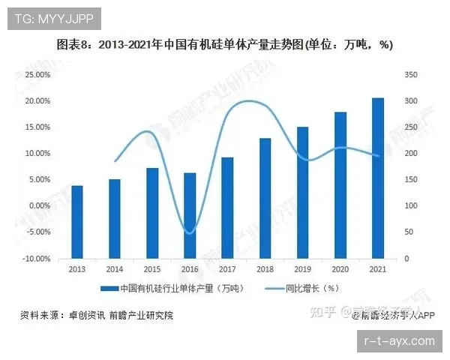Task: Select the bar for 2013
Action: pos(77,222)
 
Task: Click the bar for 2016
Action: pos(190,216)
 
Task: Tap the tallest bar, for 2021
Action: pos(377,178)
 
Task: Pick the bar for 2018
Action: pos(265,199)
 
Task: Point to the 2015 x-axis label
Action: pos(152,268)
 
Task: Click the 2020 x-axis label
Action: pos(340,268)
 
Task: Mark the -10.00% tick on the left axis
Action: pos(36,259)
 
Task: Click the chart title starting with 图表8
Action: pos(225,45)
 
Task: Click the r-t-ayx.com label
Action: pos(398,340)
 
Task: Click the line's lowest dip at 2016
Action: pos(190,232)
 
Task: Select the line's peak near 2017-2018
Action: pos(247,101)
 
